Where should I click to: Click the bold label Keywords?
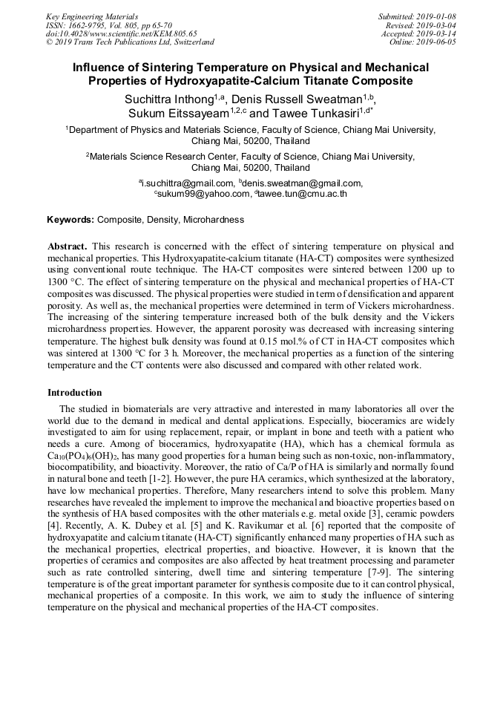coord(70,220)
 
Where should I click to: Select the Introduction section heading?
coord(75,393)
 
